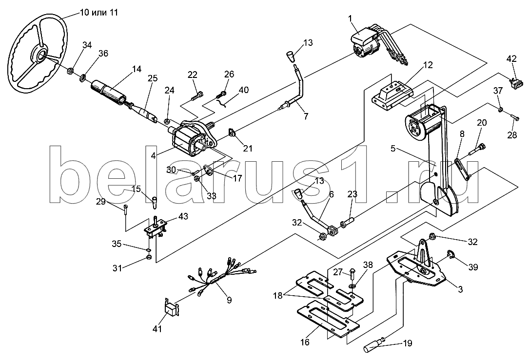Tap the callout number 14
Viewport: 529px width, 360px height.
137,70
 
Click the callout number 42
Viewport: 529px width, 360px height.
511,59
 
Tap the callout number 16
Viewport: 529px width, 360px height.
305,342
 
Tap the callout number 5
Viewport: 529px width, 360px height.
393,149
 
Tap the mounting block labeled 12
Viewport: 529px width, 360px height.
391,94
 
